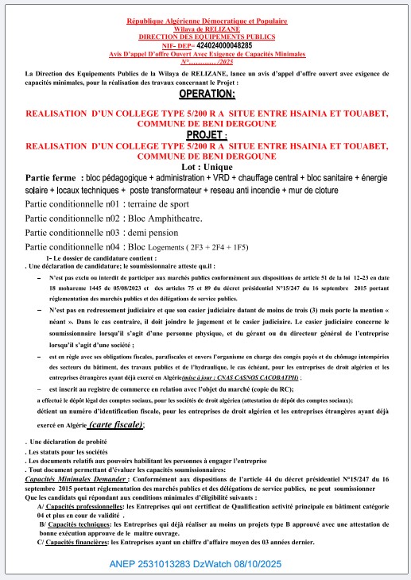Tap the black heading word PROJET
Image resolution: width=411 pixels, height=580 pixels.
(206, 135)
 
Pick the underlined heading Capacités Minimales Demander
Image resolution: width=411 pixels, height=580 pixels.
(69, 480)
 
